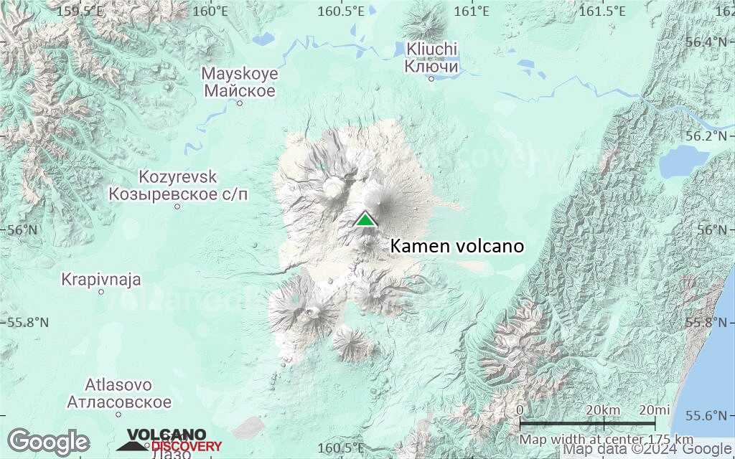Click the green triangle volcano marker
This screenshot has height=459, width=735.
(366, 219)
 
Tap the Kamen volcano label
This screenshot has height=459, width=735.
(457, 247)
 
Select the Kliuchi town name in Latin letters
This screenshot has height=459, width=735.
(431, 49)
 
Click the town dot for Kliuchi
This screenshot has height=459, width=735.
(431, 79)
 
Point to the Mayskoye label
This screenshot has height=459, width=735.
(240, 73)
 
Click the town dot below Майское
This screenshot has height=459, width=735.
(240, 103)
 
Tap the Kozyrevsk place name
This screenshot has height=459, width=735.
(178, 176)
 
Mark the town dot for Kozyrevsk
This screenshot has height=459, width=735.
(178, 207)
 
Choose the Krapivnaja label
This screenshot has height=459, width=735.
(101, 279)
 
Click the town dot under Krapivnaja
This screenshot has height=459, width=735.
(101, 292)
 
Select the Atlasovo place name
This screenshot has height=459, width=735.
(119, 384)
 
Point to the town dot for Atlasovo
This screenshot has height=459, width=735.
(119, 414)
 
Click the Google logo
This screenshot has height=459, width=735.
(48, 442)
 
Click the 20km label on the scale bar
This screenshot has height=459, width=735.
(603, 410)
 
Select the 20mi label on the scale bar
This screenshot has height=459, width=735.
(654, 410)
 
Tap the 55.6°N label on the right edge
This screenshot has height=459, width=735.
(711, 416)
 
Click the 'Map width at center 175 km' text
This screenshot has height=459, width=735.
(607, 439)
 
